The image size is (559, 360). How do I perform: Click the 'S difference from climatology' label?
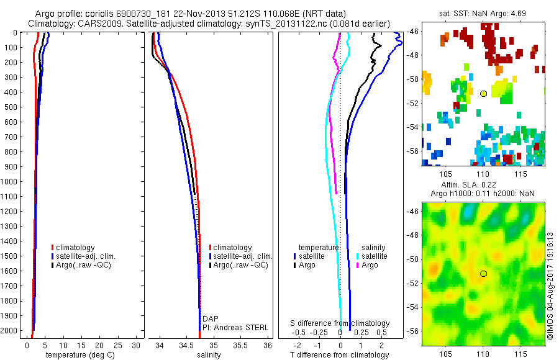pos(340,323)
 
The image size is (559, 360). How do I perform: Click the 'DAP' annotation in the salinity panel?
pos(211,318)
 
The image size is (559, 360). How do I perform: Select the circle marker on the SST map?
pos(483,94)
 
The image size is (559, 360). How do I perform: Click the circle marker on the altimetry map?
pos(483,273)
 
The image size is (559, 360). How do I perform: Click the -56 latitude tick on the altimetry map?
pos(411,331)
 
